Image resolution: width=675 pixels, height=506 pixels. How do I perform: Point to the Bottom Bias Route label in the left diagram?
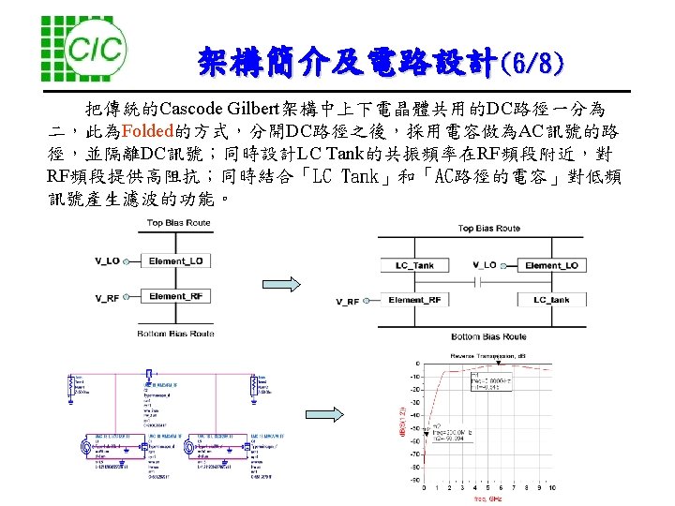(176, 334)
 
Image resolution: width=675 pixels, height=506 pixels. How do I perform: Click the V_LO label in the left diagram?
(107, 260)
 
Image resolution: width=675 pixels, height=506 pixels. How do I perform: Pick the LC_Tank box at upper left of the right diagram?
(414, 265)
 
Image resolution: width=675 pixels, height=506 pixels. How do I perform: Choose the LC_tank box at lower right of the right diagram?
(551, 300)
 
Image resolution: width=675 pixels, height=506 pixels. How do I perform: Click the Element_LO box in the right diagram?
(551, 265)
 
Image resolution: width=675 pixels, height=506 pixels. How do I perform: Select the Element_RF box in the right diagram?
(414, 300)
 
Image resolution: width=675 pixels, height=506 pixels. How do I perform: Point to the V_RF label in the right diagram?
(347, 301)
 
